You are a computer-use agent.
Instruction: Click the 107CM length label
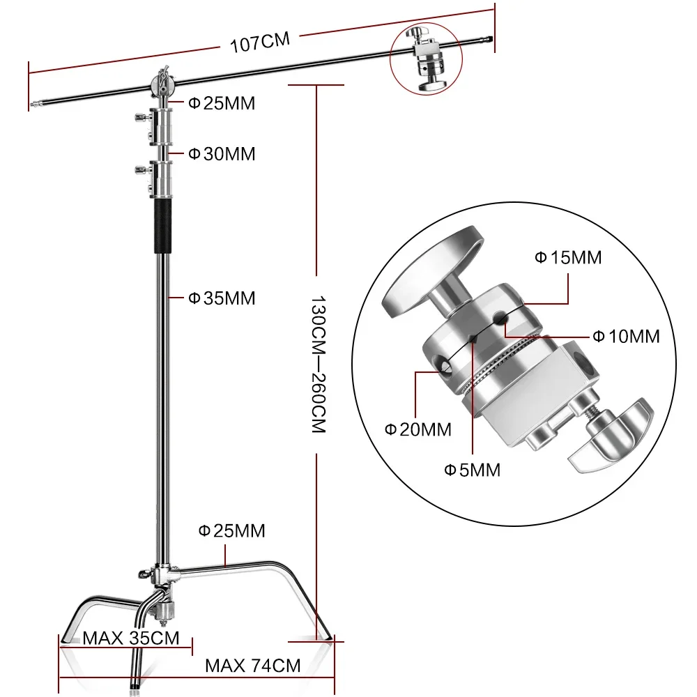(259, 42)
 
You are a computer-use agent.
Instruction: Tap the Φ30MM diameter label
(222, 153)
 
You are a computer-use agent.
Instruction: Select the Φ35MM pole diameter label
(222, 298)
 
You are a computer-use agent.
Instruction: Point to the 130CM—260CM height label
(318, 362)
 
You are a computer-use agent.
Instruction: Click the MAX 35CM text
(130, 638)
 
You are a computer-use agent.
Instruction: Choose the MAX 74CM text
(252, 666)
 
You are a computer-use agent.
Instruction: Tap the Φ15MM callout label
(567, 257)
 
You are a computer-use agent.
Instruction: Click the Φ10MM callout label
(625, 337)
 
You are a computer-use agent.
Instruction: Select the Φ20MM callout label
(418, 429)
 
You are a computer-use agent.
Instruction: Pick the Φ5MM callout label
(473, 470)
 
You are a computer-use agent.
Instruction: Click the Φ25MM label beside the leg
(231, 531)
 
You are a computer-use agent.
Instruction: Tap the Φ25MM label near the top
(222, 103)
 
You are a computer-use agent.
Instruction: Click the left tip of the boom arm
(33, 105)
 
